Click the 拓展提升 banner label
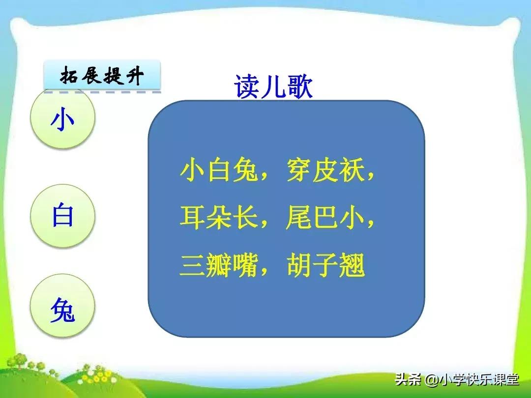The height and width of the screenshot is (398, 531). pos(102,77)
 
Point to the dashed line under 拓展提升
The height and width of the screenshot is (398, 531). pos(102,91)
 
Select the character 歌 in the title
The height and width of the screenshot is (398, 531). pos(300,88)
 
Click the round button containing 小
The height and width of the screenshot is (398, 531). pos(62,120)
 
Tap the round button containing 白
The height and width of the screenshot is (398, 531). pos(62,216)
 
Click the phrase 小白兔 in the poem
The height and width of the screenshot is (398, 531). pos(219,172)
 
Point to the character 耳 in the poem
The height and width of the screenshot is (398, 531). pos(192,219)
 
